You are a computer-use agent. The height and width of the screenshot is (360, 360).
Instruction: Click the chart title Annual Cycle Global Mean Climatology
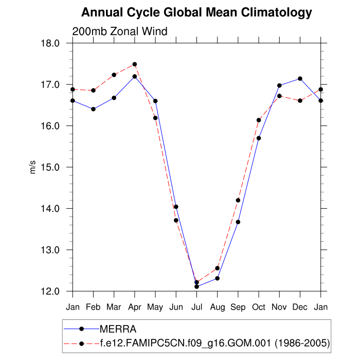[196, 12]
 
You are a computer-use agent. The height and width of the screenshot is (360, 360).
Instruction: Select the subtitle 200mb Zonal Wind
[120, 31]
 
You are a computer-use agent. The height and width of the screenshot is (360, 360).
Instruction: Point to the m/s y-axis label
[32, 167]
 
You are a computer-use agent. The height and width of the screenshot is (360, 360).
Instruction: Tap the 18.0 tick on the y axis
[57, 43]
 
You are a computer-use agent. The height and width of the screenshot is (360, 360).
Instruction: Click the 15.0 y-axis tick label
[57, 167]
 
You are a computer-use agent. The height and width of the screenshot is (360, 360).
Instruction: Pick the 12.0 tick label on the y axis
[57, 291]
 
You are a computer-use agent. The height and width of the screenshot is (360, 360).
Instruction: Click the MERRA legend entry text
[118, 328]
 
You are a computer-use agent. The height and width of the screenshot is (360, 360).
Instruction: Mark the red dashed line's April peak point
[135, 64]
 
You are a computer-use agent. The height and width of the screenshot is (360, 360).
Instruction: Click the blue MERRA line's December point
[300, 79]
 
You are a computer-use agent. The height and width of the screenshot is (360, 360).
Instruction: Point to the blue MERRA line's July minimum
[196, 286]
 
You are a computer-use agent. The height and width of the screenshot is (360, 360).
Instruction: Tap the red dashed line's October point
[259, 120]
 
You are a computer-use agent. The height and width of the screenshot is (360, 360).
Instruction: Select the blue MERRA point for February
[93, 109]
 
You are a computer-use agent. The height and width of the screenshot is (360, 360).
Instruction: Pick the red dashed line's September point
[238, 200]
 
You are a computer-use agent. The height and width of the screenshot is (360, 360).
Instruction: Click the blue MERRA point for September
[238, 222]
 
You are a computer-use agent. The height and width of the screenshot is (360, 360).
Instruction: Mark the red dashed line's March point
[114, 75]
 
